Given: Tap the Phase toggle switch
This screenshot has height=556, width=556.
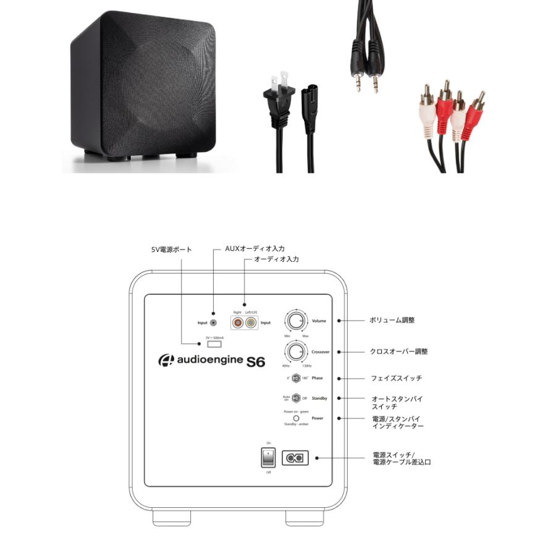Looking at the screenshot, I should tap(297, 378).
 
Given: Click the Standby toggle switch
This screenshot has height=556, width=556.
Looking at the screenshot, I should tap(297, 398).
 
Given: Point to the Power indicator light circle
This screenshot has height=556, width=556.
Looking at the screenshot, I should tap(296, 418).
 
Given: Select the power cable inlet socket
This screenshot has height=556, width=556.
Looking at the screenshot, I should tap(295, 458).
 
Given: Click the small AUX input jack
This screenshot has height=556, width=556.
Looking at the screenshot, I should tap(214, 322).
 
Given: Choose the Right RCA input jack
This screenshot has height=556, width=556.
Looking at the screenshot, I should tap(237, 322).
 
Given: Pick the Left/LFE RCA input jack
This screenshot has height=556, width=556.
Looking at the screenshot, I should tap(250, 322).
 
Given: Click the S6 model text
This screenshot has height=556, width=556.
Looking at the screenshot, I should tap(255, 361).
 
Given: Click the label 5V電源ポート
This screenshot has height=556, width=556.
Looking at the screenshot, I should tap(171, 250).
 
